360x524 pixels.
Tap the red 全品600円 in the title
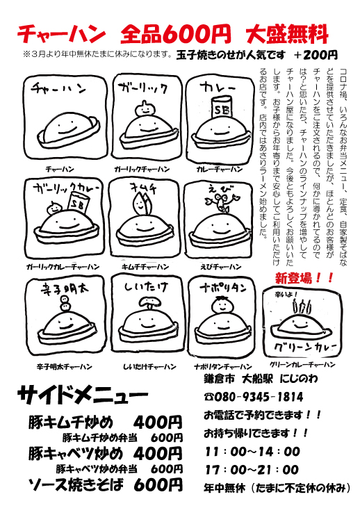coord(176,34)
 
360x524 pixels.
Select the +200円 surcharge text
coord(316,55)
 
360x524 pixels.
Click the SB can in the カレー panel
coord(221,108)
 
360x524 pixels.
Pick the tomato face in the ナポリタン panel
coord(220,306)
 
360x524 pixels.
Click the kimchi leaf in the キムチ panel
coord(142,204)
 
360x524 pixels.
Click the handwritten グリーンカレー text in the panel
coord(305,347)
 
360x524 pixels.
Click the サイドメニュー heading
coord(82,395)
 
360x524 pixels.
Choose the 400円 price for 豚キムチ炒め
coord(158,423)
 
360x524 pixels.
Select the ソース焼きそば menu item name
coord(76,485)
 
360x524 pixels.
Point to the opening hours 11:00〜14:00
coord(252,452)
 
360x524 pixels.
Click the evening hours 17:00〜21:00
coord(252,470)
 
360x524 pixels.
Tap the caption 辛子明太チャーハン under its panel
coord(64,367)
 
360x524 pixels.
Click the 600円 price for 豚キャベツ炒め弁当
coord(167,469)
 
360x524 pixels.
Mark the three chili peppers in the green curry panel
coord(302,306)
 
